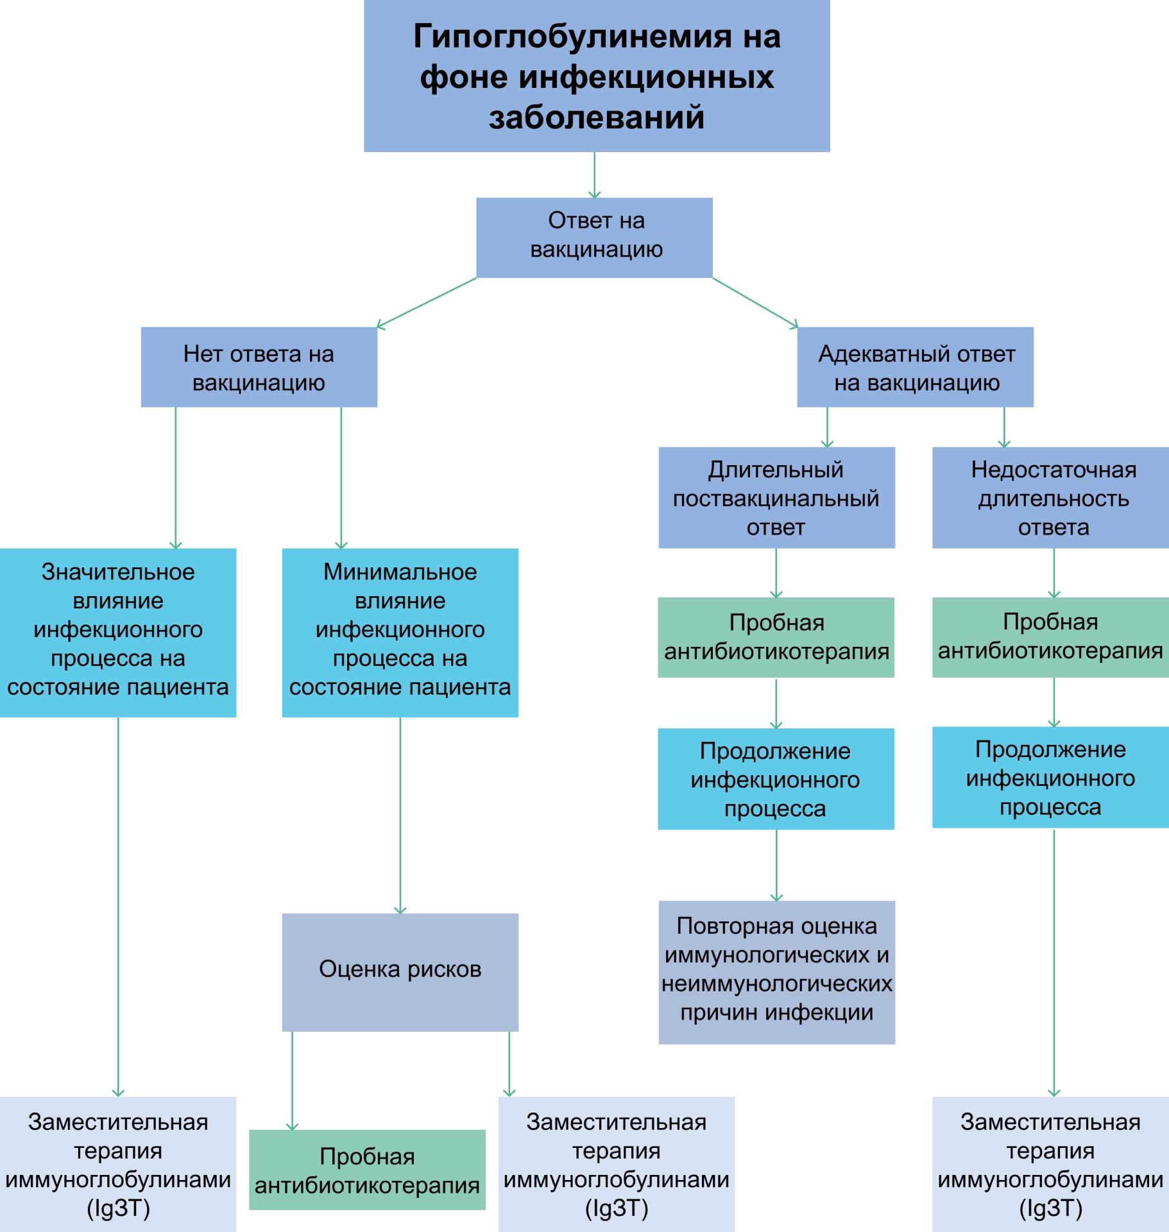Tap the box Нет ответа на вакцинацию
[259, 368]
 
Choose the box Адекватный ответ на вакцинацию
[916, 368]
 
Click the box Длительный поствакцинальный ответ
[776, 499]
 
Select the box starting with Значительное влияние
[119, 631]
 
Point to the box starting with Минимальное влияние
[400, 631]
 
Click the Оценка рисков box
[400, 969]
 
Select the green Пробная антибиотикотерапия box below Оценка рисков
[367, 1170]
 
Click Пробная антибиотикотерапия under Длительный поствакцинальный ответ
[776, 638]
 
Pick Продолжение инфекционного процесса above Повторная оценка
[776, 779]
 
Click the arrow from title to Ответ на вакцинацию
[595, 175]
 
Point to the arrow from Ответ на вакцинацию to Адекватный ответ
[756, 302]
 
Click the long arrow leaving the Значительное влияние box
[118, 905]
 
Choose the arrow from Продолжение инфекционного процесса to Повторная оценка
[777, 865]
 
